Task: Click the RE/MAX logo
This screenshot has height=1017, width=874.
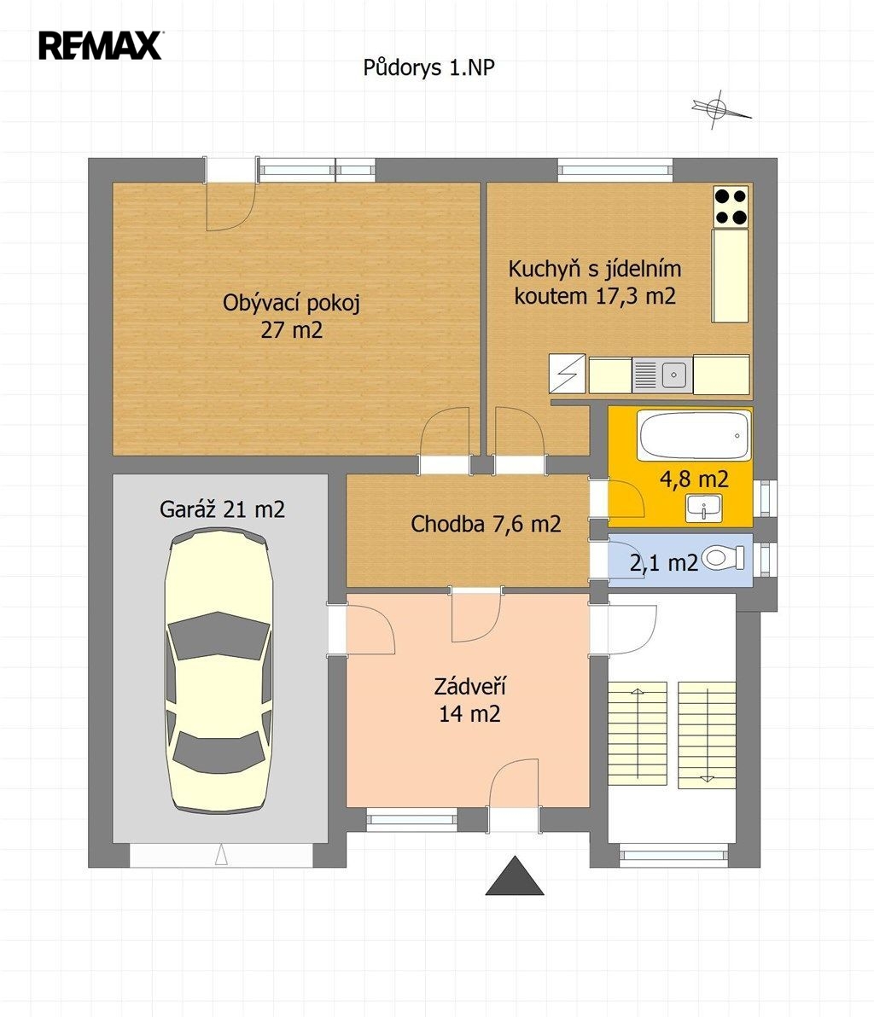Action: point(101,45)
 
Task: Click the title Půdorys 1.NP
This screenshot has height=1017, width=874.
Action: point(428,67)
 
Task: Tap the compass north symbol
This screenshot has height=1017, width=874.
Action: point(720,108)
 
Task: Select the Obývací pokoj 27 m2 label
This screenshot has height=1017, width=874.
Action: point(291,316)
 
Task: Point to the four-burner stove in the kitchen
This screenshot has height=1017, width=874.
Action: point(731,207)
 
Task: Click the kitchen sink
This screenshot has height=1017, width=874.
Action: point(662,375)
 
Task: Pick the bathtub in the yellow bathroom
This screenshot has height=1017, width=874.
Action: point(694,436)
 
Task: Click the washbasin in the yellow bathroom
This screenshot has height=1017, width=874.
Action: point(704,508)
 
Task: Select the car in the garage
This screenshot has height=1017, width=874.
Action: point(218,670)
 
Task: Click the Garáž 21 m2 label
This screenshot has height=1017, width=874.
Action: point(222,509)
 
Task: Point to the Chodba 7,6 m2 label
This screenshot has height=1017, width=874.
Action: point(486,523)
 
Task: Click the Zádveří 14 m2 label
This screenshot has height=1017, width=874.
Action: point(469,700)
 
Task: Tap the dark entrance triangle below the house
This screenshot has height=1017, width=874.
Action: point(515,876)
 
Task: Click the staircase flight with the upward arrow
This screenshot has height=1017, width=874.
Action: point(638,733)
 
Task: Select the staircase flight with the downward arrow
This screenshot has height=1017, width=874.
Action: point(708,735)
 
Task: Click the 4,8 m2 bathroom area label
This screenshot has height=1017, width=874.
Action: point(694,479)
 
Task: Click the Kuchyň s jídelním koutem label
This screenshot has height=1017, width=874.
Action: point(595,282)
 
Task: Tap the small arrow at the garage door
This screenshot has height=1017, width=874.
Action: point(221,854)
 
